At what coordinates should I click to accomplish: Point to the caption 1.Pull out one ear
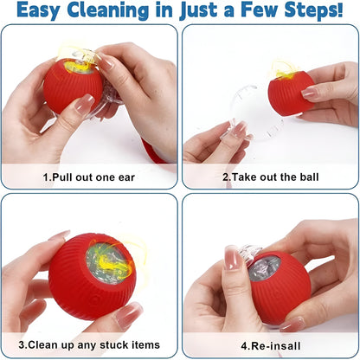pos(90,177)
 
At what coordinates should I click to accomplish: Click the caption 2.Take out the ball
pos(270,177)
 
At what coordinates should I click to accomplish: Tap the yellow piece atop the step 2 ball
pos(284,67)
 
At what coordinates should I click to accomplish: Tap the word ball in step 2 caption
pos(308,177)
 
